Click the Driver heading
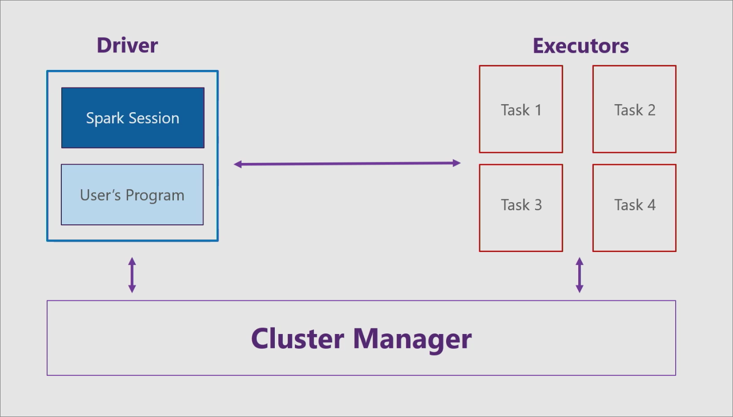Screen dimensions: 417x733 [x=127, y=45]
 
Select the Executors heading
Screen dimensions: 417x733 [x=580, y=46]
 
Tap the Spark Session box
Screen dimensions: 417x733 [x=133, y=118]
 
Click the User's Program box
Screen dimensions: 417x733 [x=132, y=195]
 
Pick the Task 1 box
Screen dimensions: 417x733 [x=520, y=109]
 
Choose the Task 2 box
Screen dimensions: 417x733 [x=634, y=109]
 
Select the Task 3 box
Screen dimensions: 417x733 [x=520, y=207]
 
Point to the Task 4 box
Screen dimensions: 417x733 [x=634, y=207]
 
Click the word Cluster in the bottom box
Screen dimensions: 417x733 [x=297, y=339]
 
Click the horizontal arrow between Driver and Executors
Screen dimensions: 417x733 [x=347, y=163]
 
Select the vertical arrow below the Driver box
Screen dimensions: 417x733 [x=132, y=275]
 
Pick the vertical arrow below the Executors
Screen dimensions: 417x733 [x=579, y=275]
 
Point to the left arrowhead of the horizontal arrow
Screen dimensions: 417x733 [x=238, y=164]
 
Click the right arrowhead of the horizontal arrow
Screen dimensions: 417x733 [x=457, y=163]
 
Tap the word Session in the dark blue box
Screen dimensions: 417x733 [x=153, y=118]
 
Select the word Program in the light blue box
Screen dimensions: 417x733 [x=155, y=195]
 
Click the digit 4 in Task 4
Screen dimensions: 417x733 [x=651, y=205]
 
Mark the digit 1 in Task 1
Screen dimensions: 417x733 [x=538, y=110]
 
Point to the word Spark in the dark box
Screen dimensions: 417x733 [x=104, y=118]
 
